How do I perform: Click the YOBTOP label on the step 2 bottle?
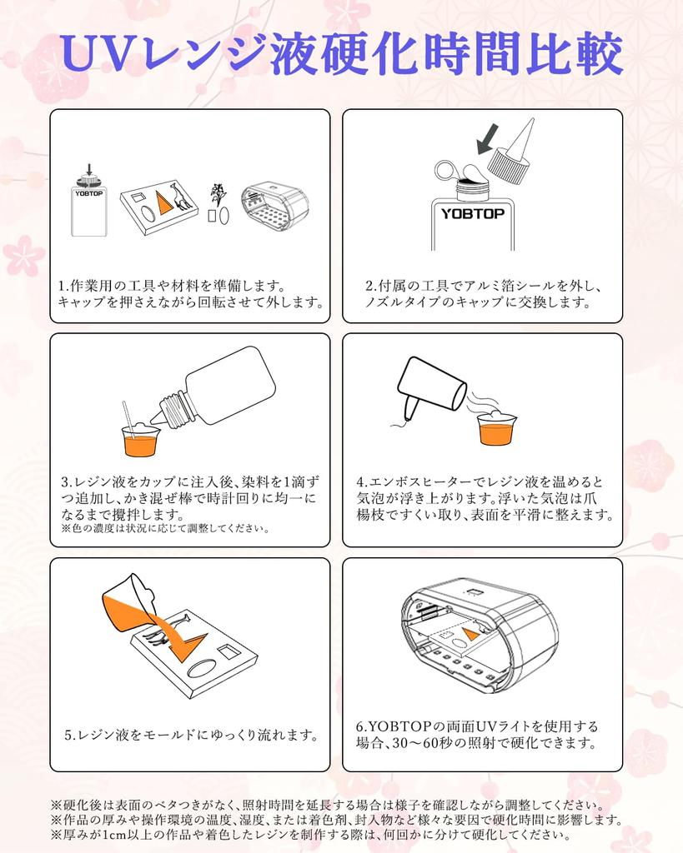click(x=472, y=213)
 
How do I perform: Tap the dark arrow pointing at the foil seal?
click(x=488, y=139)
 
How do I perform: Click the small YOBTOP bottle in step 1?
click(x=88, y=203)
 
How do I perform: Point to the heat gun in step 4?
click(x=430, y=389)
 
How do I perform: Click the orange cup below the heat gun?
click(x=497, y=429)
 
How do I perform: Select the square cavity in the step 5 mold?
click(x=227, y=651)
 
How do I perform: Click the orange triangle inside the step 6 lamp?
click(x=470, y=634)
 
